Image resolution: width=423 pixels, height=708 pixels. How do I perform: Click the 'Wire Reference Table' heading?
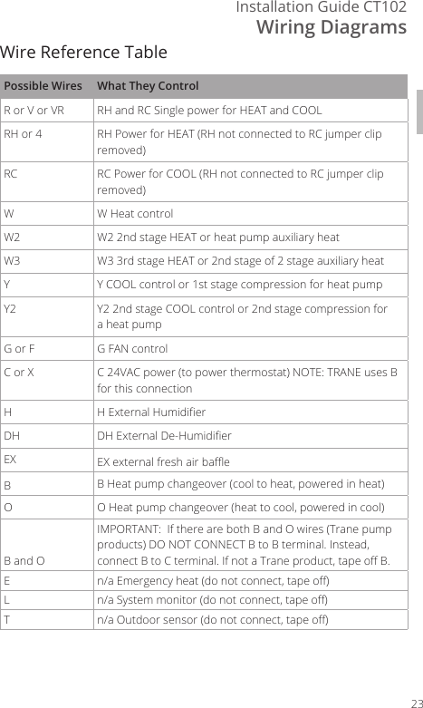[x=83, y=51]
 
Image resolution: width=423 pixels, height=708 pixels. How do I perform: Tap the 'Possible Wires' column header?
[x=43, y=87]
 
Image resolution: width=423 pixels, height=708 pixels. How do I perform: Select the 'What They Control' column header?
[x=148, y=87]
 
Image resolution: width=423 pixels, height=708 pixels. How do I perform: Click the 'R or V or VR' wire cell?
[x=34, y=111]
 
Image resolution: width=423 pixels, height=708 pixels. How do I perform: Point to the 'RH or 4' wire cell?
[x=23, y=134]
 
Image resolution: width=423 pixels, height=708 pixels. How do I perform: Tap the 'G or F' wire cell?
[x=21, y=349]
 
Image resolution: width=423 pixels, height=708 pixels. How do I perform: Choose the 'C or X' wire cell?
[x=20, y=373]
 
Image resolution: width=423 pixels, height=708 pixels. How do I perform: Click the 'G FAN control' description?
[x=132, y=349]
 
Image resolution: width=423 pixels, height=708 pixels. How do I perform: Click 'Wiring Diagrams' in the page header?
[x=332, y=28]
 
